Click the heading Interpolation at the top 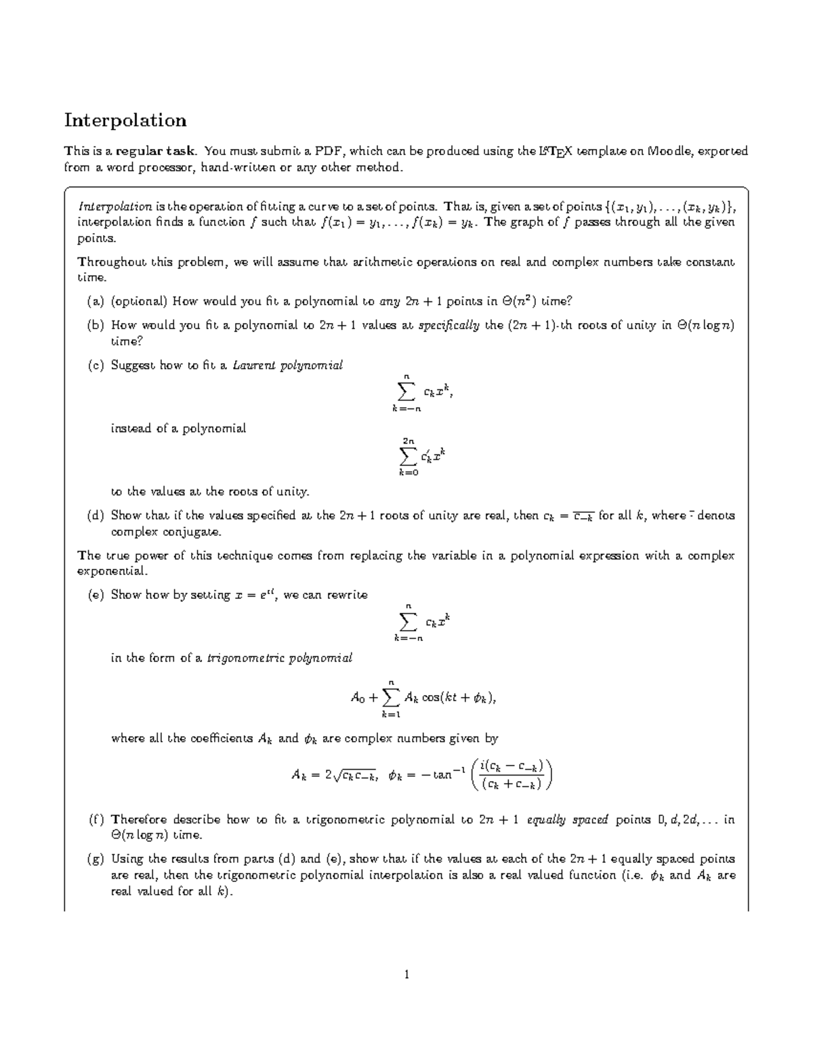(125, 121)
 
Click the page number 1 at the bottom (406, 975)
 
